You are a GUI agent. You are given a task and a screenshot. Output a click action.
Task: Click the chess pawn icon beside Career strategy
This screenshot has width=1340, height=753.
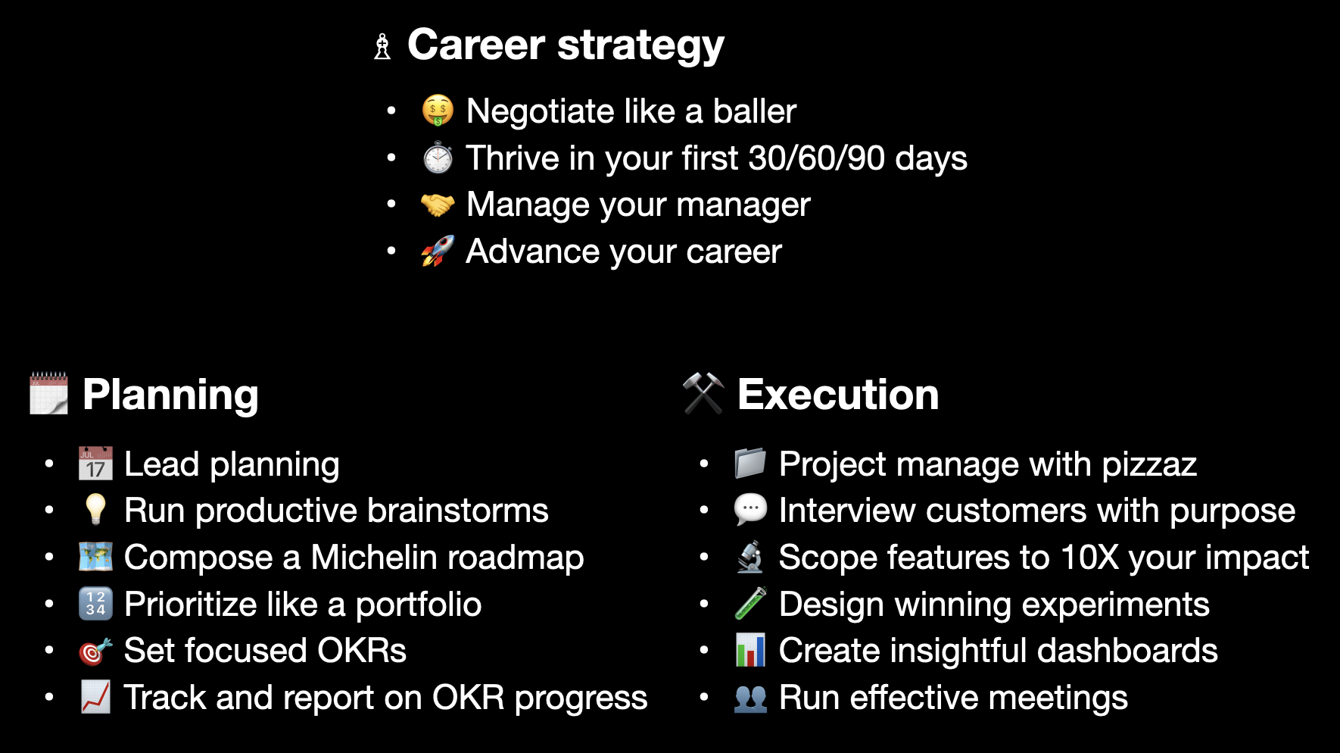tap(382, 46)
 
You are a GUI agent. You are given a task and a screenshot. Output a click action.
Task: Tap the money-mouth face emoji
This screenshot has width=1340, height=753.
tap(438, 111)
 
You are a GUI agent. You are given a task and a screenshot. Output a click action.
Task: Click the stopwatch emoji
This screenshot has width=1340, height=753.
tap(438, 158)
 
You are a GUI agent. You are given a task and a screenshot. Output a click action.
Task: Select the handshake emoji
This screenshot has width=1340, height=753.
tap(438, 205)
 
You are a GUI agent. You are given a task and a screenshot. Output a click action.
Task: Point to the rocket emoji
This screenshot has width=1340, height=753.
tap(438, 251)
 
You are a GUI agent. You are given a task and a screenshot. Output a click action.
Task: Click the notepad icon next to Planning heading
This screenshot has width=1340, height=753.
tap(48, 393)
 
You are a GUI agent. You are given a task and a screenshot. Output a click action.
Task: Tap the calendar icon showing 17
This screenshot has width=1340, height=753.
tap(95, 464)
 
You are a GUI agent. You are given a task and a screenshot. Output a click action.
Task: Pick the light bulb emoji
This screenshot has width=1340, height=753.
tap(95, 509)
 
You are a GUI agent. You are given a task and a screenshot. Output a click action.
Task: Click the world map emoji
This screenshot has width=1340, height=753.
tap(95, 557)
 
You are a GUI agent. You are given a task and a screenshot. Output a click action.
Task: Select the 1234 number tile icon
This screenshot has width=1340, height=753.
tap(95, 604)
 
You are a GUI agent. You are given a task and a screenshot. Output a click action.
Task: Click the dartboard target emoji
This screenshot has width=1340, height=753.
tap(95, 651)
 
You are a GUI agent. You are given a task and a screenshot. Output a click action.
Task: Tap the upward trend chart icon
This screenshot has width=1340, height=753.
tap(95, 697)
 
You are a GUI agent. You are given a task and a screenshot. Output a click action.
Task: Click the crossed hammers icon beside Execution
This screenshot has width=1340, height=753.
tap(703, 393)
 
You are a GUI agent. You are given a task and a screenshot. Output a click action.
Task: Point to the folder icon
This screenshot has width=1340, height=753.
tap(750, 464)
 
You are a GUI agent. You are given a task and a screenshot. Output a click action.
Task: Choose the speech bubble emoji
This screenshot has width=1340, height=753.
tap(750, 510)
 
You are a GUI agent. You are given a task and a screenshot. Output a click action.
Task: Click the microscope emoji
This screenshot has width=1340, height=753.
tap(750, 557)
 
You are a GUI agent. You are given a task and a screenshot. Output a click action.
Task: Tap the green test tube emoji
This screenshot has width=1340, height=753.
tap(750, 604)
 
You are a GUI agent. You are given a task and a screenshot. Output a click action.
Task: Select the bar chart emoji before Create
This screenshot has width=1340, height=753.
tap(750, 651)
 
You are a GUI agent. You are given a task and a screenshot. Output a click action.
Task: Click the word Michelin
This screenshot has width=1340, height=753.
tap(369, 558)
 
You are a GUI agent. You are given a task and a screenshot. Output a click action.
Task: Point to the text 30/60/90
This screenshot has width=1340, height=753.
tap(816, 158)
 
